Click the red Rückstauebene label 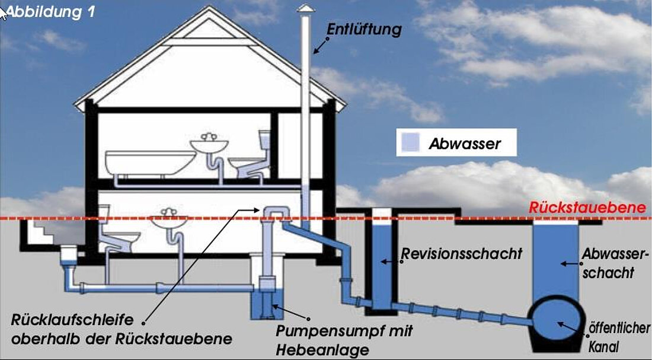pos(587,208)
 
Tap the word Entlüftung pos(364,29)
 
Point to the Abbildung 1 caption pos(50,12)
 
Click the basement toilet pos(119,234)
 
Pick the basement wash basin pos(168,223)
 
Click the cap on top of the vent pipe pos(305,8)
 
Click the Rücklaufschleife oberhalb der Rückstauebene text pos(119,329)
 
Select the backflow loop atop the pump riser pos(273,212)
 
